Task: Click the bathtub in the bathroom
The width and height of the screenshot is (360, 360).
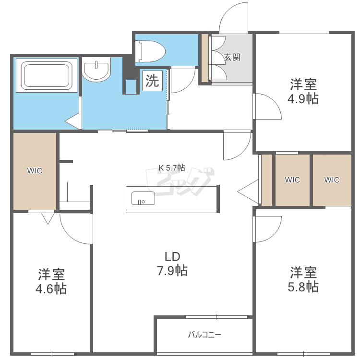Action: click(x=47, y=75)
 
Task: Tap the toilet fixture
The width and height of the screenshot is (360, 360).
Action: click(x=150, y=51)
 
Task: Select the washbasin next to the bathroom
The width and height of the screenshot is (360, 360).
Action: click(x=96, y=69)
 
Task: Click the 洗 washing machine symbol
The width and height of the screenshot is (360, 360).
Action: click(x=152, y=81)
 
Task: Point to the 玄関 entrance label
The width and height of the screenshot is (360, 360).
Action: click(x=232, y=57)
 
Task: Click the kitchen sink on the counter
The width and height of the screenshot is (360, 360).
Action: click(x=143, y=198)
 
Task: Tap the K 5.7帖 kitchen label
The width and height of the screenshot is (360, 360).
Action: click(x=172, y=168)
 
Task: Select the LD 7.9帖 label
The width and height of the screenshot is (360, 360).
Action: click(x=172, y=264)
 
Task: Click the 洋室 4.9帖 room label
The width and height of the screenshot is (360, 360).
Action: click(x=303, y=92)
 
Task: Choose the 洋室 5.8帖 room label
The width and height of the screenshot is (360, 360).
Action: click(x=303, y=279)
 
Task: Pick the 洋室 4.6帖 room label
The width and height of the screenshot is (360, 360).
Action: click(x=51, y=281)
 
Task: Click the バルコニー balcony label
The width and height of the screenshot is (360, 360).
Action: click(x=204, y=335)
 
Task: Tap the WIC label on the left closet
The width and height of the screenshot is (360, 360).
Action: click(x=35, y=171)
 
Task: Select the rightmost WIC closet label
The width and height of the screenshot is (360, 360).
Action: click(x=332, y=180)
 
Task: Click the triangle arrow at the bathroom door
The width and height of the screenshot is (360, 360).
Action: click(x=72, y=121)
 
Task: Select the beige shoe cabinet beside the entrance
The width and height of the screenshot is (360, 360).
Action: click(x=205, y=58)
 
